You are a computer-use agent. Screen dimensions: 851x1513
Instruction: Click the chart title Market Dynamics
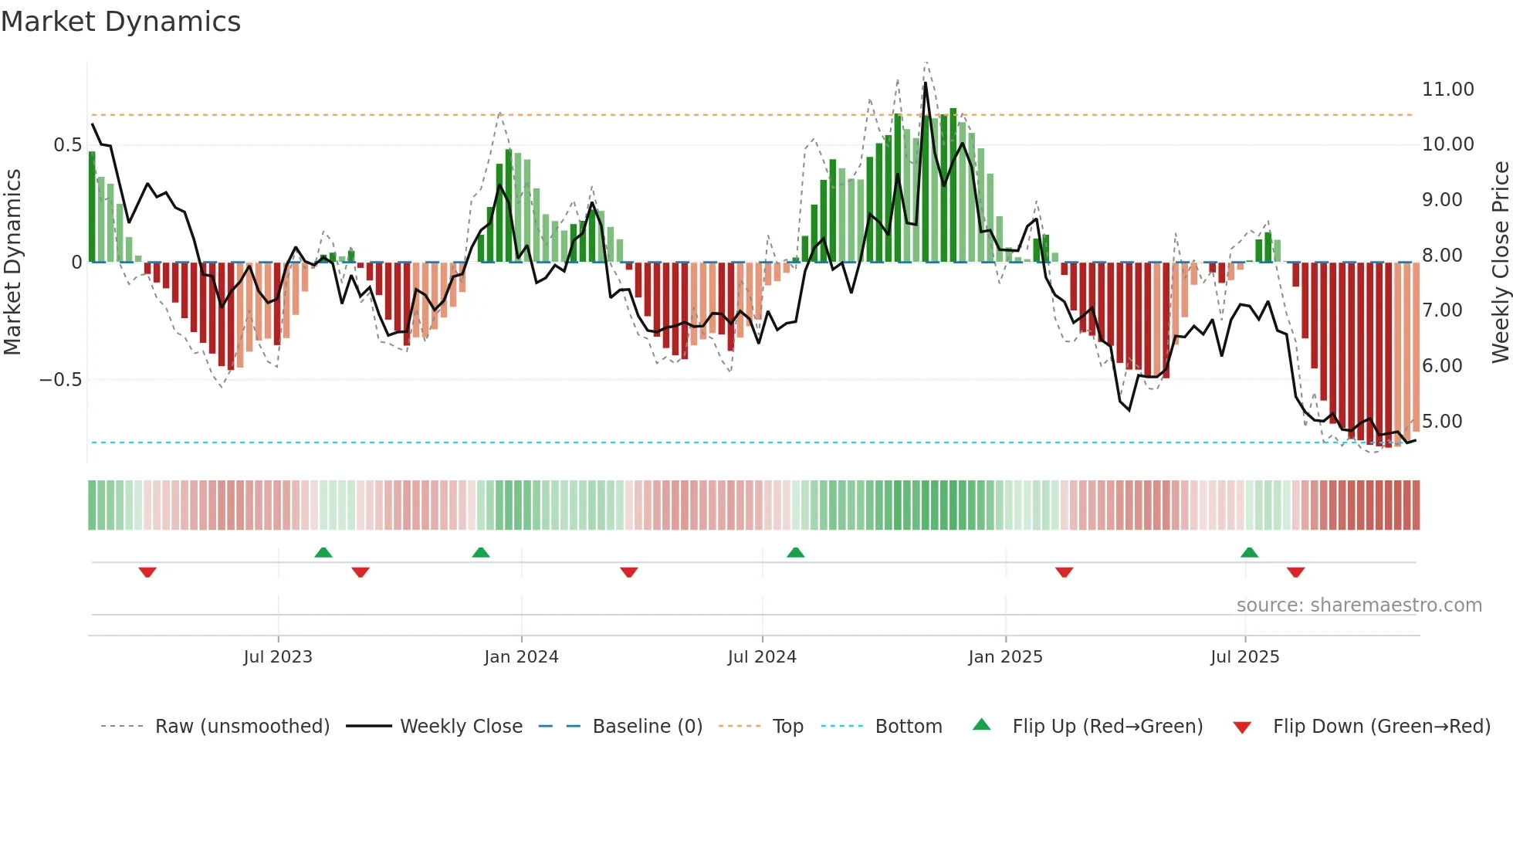click(120, 22)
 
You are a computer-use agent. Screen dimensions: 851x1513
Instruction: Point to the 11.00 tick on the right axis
click(1447, 90)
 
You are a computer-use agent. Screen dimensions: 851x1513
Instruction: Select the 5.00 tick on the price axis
click(1442, 422)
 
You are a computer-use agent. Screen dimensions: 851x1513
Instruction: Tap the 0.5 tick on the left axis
click(67, 145)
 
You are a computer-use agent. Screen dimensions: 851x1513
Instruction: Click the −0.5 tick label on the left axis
click(60, 380)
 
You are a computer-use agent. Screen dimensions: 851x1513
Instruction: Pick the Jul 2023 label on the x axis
click(278, 657)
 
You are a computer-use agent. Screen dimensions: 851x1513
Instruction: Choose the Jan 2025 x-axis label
click(1005, 657)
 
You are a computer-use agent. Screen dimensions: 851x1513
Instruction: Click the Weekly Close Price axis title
click(1500, 262)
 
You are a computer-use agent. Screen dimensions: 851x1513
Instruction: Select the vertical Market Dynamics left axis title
click(12, 262)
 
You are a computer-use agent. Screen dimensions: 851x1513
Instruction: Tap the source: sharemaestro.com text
click(1359, 605)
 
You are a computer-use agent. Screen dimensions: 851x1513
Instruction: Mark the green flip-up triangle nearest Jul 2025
click(1249, 552)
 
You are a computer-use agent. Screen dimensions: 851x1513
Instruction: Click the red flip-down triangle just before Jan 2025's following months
click(1064, 572)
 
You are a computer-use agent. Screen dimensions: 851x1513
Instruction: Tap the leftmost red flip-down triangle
click(147, 572)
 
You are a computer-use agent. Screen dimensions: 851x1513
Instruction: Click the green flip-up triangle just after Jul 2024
click(795, 552)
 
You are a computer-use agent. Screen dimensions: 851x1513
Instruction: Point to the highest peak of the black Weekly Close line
click(925, 83)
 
